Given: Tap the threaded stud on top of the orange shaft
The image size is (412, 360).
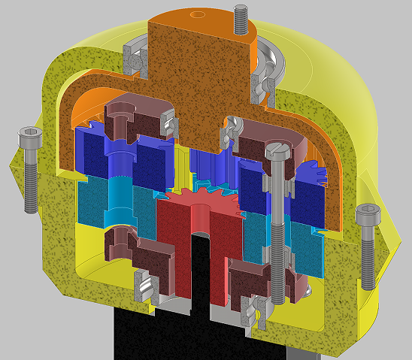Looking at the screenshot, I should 241,19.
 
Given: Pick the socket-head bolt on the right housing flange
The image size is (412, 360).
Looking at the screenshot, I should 367,245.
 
